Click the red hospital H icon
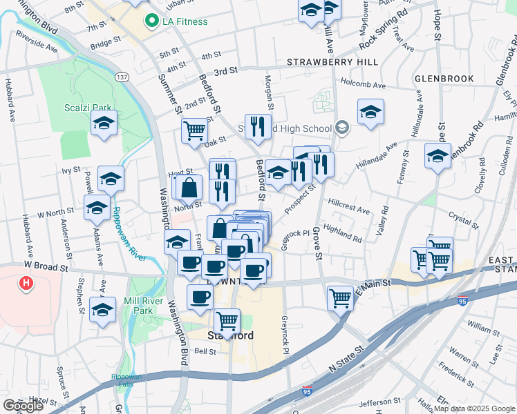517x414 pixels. coord(26,283)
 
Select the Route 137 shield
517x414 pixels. coord(122,77)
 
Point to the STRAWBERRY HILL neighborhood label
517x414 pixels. coord(332,62)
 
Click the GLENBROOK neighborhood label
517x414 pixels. coord(444,79)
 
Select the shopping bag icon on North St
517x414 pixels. coord(188,187)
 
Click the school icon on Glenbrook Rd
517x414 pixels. coord(438,156)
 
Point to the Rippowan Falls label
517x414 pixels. coord(126,380)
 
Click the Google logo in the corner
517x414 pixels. coord(23,406)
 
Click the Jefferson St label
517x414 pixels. coord(380,400)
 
